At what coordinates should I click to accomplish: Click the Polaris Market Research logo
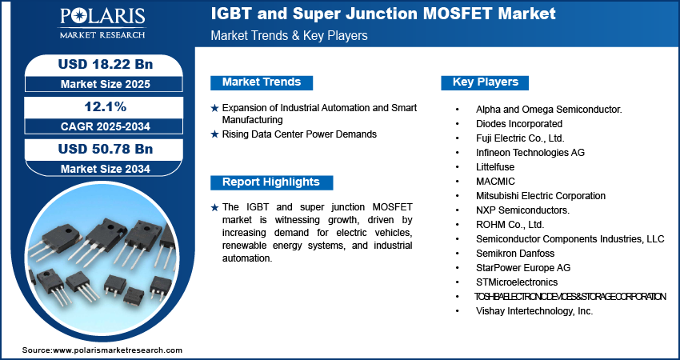pyautogui.click(x=102, y=23)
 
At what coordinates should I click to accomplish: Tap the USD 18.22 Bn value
pyautogui.click(x=106, y=64)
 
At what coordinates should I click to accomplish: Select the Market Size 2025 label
pyautogui.click(x=106, y=84)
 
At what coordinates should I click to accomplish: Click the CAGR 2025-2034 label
pyautogui.click(x=106, y=126)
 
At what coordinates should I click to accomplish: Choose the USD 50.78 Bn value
pyautogui.click(x=106, y=149)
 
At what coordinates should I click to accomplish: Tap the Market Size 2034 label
pyautogui.click(x=106, y=169)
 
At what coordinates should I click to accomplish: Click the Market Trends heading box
pyautogui.click(x=262, y=82)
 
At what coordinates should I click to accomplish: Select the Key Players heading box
pyautogui.click(x=485, y=82)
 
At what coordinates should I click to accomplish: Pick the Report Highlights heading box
pyautogui.click(x=271, y=182)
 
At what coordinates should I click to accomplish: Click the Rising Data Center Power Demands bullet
pyautogui.click(x=299, y=134)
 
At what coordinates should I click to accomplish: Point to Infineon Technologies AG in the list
pyautogui.click(x=530, y=153)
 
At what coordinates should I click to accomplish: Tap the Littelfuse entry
pyautogui.click(x=495, y=167)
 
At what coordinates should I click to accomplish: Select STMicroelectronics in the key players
pyautogui.click(x=517, y=282)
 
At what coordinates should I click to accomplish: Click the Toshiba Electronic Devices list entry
pyautogui.click(x=570, y=297)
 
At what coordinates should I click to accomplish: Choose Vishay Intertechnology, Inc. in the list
pyautogui.click(x=534, y=311)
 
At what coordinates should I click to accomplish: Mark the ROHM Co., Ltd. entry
pyautogui.click(x=510, y=225)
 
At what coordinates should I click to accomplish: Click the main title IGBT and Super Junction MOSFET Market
pyautogui.click(x=383, y=14)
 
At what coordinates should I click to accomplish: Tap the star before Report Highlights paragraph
pyautogui.click(x=214, y=208)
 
